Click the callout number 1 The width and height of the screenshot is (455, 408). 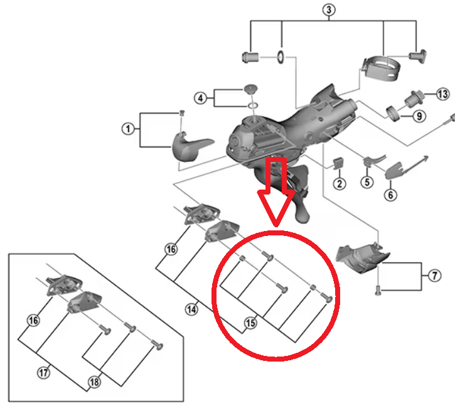point(128,129)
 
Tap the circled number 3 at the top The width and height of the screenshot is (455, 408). point(329,10)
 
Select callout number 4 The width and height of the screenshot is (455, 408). point(200,98)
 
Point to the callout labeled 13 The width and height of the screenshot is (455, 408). point(443,95)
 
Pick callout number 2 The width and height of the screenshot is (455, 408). point(340,184)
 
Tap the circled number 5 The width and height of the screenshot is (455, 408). point(367,182)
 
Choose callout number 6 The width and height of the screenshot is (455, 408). point(391,195)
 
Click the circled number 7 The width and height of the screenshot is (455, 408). point(436,275)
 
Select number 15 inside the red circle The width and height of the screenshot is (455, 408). point(250,324)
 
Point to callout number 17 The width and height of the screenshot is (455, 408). point(43,373)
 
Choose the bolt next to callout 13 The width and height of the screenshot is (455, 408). point(414,97)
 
